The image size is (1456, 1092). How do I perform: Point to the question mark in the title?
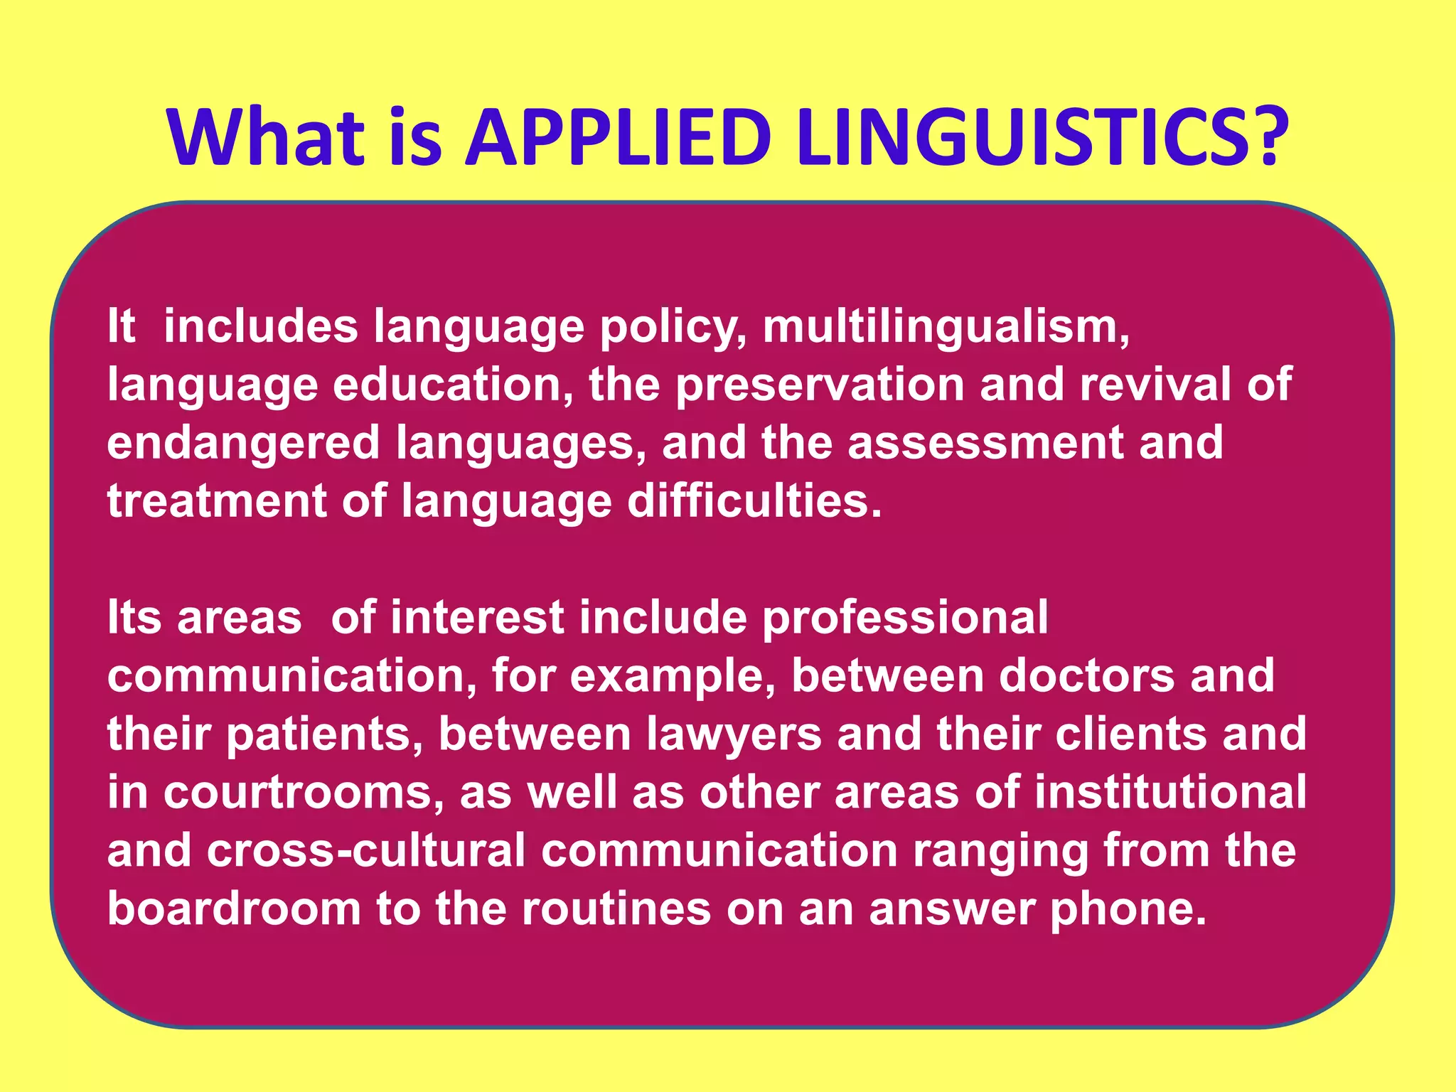pos(1265,136)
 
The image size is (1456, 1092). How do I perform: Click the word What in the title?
pos(266,136)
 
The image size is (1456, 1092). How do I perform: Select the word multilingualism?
pos(946,327)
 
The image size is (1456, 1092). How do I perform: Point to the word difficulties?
pos(754,501)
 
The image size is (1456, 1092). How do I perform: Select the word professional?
pos(905,619)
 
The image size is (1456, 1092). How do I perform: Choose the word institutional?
pos(1170,793)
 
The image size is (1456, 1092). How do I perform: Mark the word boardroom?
pos(234,909)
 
